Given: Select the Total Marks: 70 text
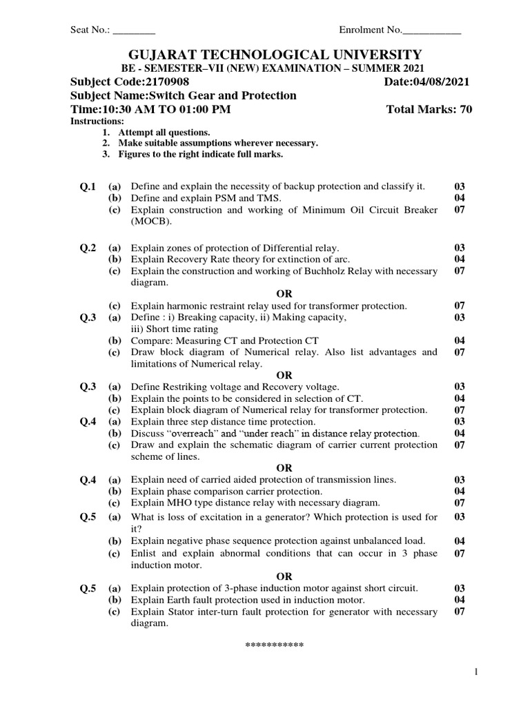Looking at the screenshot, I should pos(429,110).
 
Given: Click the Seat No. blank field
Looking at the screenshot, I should pos(134,30).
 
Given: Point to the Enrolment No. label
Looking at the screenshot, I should pos(370,30).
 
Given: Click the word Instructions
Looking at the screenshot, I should pos(93,121).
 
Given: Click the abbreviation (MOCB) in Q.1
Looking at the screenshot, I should pos(150,222).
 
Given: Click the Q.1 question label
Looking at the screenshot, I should pos(89,187).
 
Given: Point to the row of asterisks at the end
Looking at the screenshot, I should pos(275,646).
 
